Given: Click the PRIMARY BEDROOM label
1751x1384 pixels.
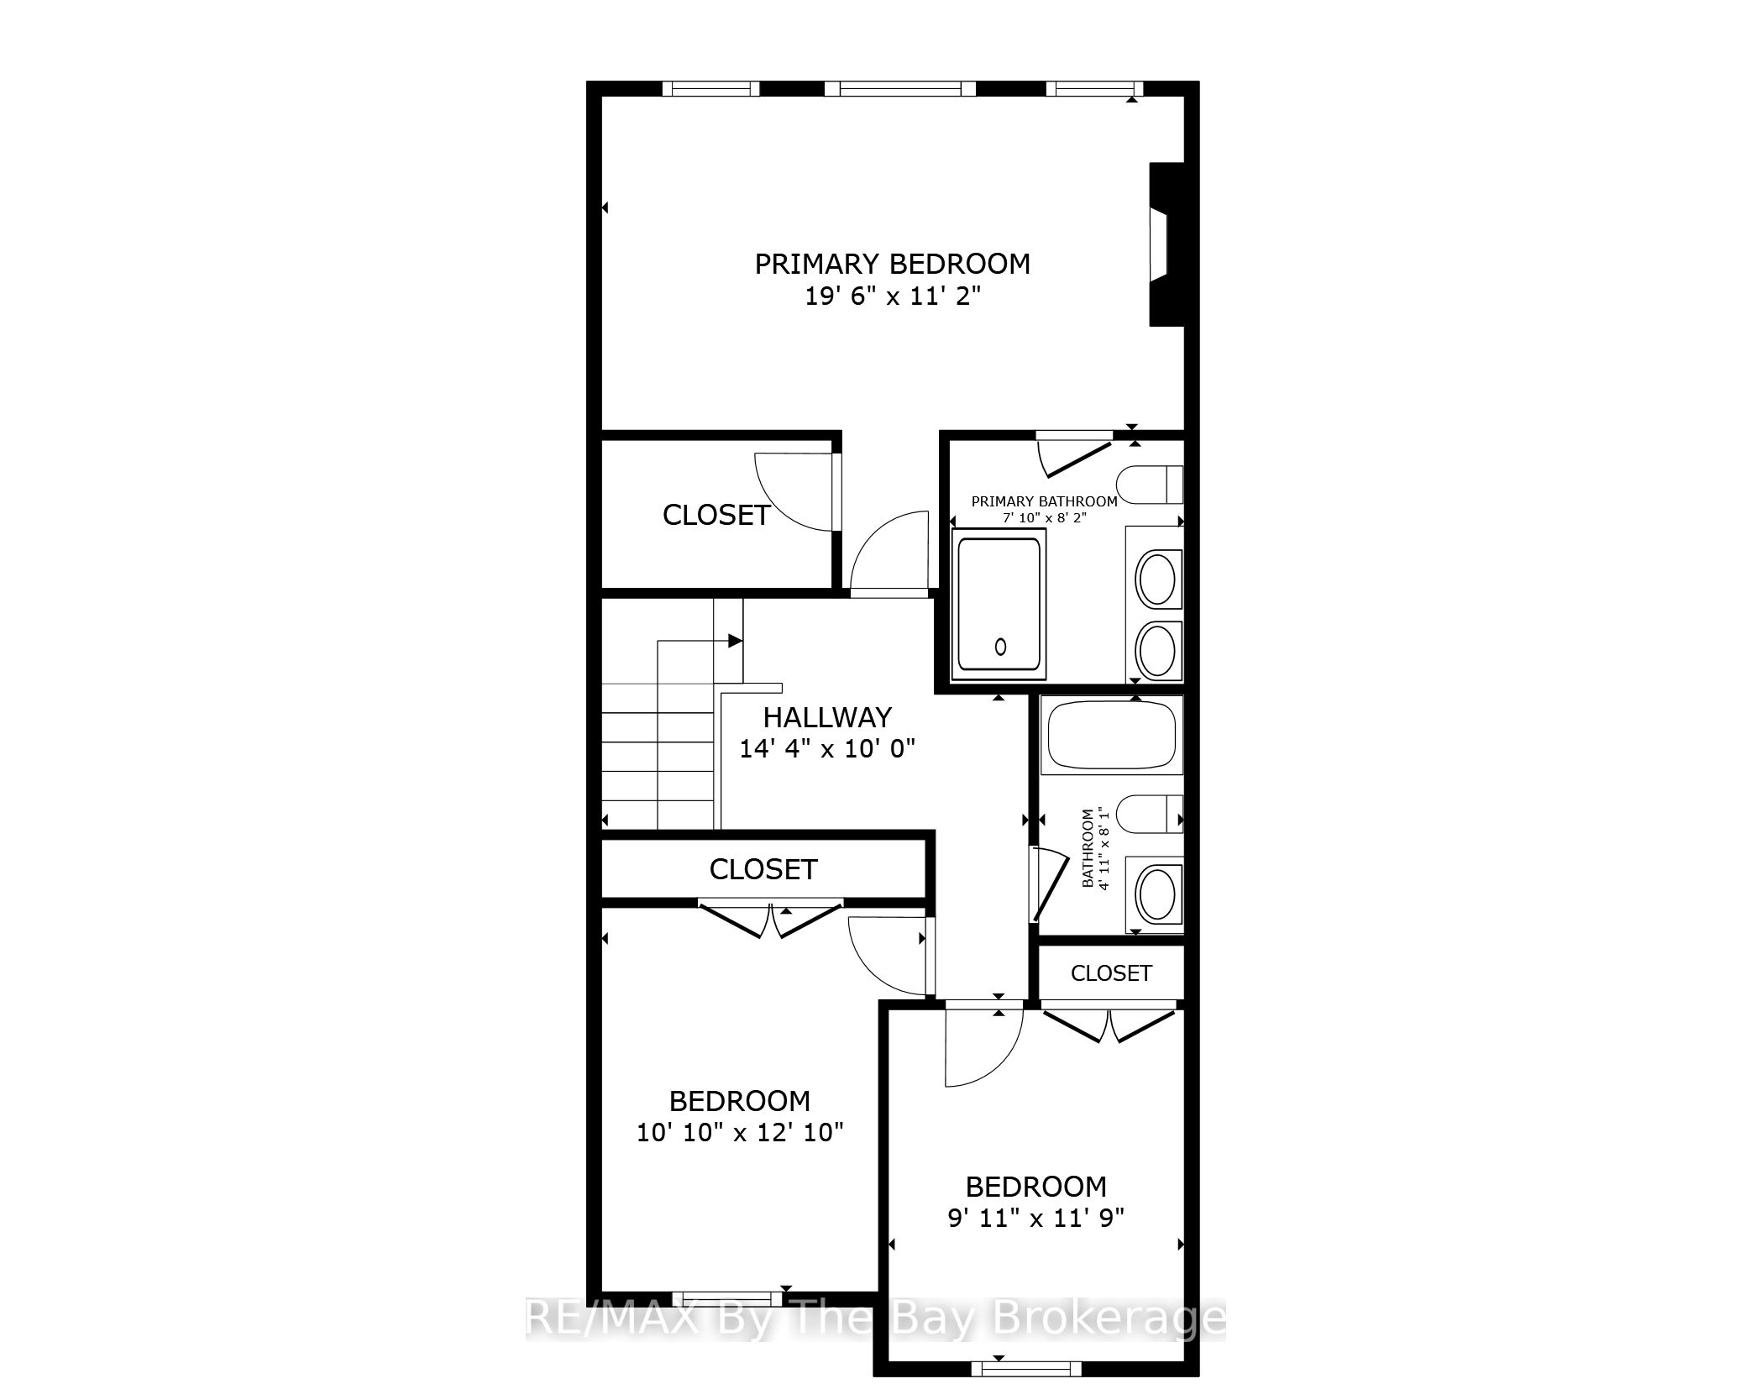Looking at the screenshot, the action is coord(892,264).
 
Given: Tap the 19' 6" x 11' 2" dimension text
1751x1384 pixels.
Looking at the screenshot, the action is coord(893,296).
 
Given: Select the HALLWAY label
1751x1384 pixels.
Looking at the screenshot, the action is coord(827,717).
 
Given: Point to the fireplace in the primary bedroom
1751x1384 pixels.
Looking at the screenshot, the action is coord(1166,244).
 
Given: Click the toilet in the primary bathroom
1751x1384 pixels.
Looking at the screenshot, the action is coord(1150,484).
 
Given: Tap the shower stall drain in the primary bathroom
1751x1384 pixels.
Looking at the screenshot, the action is coord(1000,647).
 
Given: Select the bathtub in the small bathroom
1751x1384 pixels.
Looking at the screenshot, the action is coord(1111,735).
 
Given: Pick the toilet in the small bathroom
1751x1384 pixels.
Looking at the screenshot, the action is coord(1150,814).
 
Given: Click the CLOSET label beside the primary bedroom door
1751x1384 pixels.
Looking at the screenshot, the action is coord(716,515).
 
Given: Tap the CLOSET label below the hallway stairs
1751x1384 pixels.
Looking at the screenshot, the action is coord(763,869).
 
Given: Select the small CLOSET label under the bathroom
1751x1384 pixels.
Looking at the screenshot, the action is coord(1111,972).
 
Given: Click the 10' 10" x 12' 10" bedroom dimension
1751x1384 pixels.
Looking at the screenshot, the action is coord(740,1132).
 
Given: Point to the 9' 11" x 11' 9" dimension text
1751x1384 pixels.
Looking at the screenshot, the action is coord(1036,1218).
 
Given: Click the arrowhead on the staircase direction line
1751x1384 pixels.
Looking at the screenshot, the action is coord(736,641).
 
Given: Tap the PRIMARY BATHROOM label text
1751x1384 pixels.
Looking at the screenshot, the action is coord(1045,501).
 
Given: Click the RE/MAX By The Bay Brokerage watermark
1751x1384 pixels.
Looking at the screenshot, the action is coord(875,1318).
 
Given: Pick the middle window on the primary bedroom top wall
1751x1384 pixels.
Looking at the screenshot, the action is coord(900,88).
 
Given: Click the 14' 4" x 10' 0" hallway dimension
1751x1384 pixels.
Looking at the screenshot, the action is coord(827,748).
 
